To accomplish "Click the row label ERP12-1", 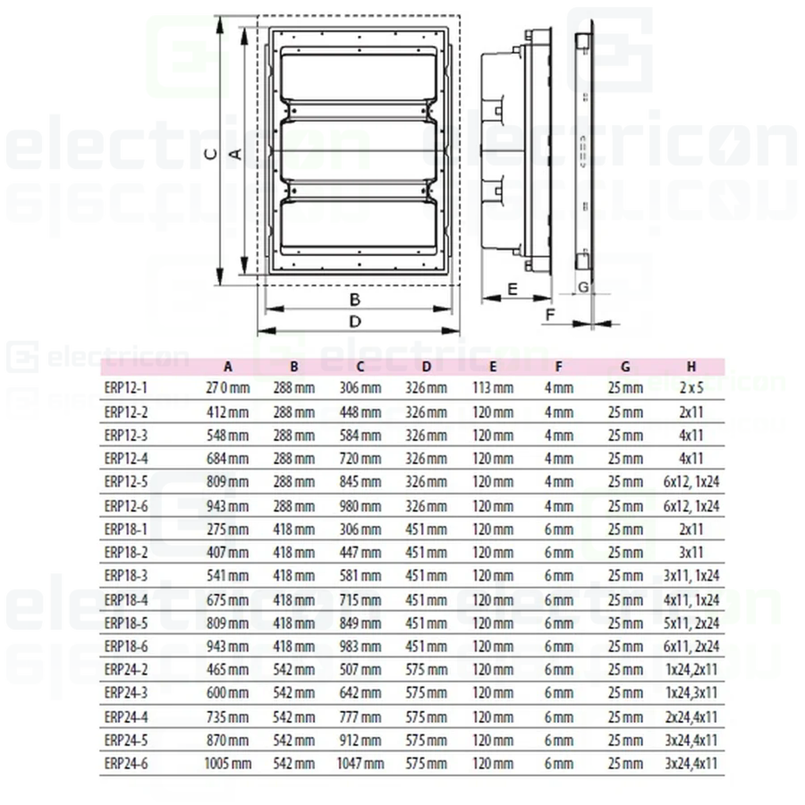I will tap(126, 388).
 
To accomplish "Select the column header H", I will tap(691, 366).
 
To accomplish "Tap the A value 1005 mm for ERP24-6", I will tap(228, 764).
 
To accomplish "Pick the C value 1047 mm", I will tap(360, 764).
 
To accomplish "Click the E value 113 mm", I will tap(493, 388).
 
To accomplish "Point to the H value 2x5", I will tap(691, 388).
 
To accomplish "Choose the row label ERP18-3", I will tap(126, 576).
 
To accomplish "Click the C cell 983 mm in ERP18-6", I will tap(360, 646).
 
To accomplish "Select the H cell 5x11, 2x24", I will tap(691, 623).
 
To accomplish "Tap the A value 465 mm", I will tap(228, 670).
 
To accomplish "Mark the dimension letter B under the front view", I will tap(355, 300).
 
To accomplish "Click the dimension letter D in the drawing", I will tap(355, 321).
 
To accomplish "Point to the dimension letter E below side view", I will tap(512, 289).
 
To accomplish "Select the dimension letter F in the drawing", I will tap(550, 315).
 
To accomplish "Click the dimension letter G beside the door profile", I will tap(583, 287).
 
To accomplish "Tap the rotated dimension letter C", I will tap(211, 154).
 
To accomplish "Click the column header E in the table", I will tap(493, 366).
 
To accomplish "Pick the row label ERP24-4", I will tap(126, 717).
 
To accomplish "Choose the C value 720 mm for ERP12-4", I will tap(360, 459).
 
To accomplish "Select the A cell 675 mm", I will tap(228, 600).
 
